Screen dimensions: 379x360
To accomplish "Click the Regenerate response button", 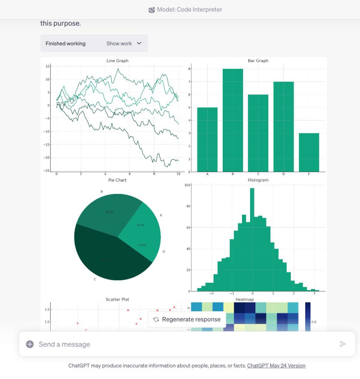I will [x=187, y=319].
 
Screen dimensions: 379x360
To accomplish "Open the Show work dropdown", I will [x=124, y=43].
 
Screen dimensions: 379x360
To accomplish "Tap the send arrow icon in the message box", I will [x=343, y=344].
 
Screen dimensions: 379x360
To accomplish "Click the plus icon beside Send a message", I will [x=30, y=344].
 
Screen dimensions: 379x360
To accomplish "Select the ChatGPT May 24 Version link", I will [x=276, y=366].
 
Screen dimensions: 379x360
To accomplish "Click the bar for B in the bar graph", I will [x=233, y=120].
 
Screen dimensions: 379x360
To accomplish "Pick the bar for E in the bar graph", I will [x=309, y=152].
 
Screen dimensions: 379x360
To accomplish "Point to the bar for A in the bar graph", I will [x=207, y=140].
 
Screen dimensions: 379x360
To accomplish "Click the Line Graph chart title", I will [x=117, y=61].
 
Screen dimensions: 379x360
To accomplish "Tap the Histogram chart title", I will [x=258, y=180].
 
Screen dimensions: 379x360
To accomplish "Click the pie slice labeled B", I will [x=107, y=215].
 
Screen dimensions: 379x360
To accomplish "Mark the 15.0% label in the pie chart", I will [x=141, y=225].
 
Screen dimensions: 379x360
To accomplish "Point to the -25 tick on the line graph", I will [x=47, y=171].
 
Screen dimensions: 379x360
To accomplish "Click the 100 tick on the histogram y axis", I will [x=188, y=185].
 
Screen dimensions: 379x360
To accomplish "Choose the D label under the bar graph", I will [x=283, y=174].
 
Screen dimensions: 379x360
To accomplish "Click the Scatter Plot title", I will [x=117, y=299].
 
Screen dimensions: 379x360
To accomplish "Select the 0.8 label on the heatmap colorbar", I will [x=314, y=322].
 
